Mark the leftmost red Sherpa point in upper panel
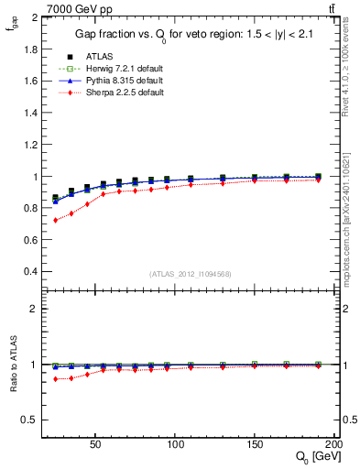[x=55, y=220]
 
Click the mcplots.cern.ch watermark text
[x=346, y=247]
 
